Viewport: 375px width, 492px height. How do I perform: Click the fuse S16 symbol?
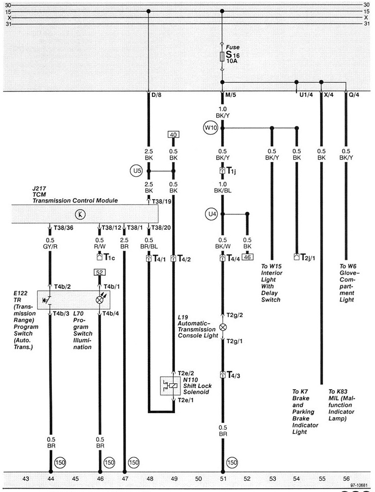[223, 56]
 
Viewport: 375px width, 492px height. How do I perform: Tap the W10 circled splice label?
[210, 129]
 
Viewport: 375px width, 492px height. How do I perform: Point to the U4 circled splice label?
[211, 213]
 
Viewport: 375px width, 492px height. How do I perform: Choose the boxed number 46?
[247, 256]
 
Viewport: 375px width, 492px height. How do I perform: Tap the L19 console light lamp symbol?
[223, 327]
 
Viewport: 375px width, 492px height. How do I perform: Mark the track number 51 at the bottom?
[223, 478]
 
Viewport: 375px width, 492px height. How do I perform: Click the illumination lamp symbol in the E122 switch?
[101, 298]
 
